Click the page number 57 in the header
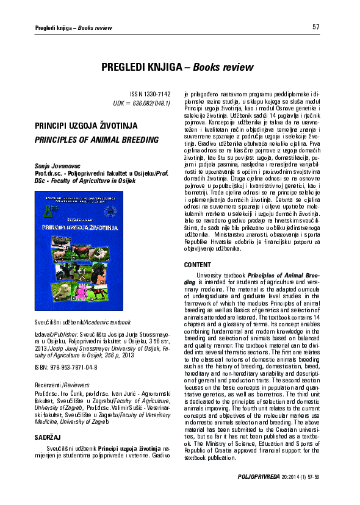click(315, 27)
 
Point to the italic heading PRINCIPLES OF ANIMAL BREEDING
click(88, 140)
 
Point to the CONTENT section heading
click(198, 265)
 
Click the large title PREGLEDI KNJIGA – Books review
click(179, 68)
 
